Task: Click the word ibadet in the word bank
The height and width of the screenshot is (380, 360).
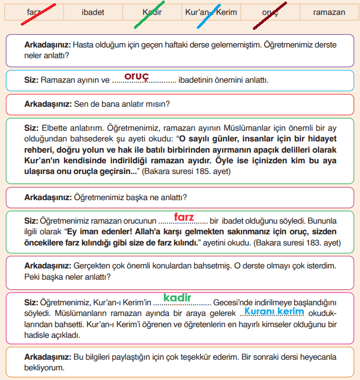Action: click(x=93, y=12)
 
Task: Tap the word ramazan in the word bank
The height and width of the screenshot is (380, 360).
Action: click(x=329, y=12)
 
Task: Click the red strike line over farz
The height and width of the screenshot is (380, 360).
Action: click(x=38, y=14)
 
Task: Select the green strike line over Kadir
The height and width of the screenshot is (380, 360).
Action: click(x=149, y=14)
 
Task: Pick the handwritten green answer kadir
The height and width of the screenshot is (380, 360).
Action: click(x=178, y=297)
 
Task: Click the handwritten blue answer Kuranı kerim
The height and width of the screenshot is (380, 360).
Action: click(x=274, y=311)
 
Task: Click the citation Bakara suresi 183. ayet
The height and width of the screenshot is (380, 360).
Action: click(x=298, y=243)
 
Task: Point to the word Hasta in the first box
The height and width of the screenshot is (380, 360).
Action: click(x=83, y=45)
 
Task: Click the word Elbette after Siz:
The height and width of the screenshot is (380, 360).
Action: click(x=55, y=128)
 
